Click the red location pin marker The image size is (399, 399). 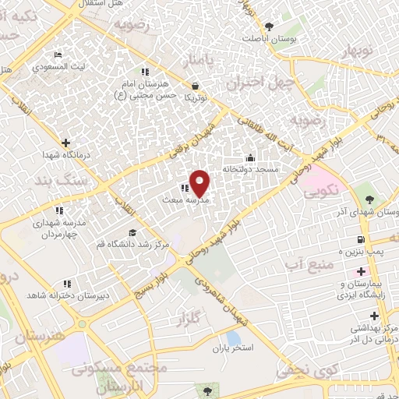click(x=200, y=182)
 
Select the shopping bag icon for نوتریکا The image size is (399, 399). click(x=193, y=87)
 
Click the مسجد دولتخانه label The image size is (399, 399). click(x=254, y=168)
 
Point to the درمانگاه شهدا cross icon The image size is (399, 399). click(x=65, y=143)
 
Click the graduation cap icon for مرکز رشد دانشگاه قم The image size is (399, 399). click(x=132, y=234)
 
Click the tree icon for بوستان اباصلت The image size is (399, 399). click(x=270, y=26)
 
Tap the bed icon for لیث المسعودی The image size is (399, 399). click(x=57, y=55)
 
